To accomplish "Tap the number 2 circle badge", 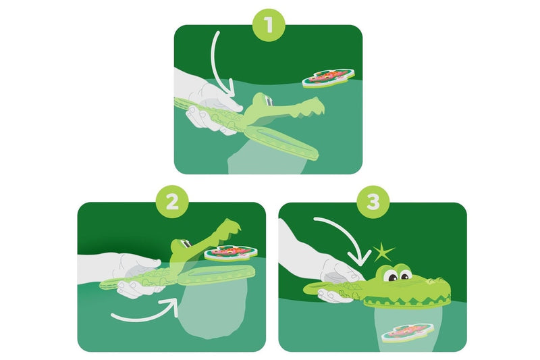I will [171, 202].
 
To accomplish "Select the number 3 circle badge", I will [373, 202].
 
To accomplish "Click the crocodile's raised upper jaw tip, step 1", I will [317, 102].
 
